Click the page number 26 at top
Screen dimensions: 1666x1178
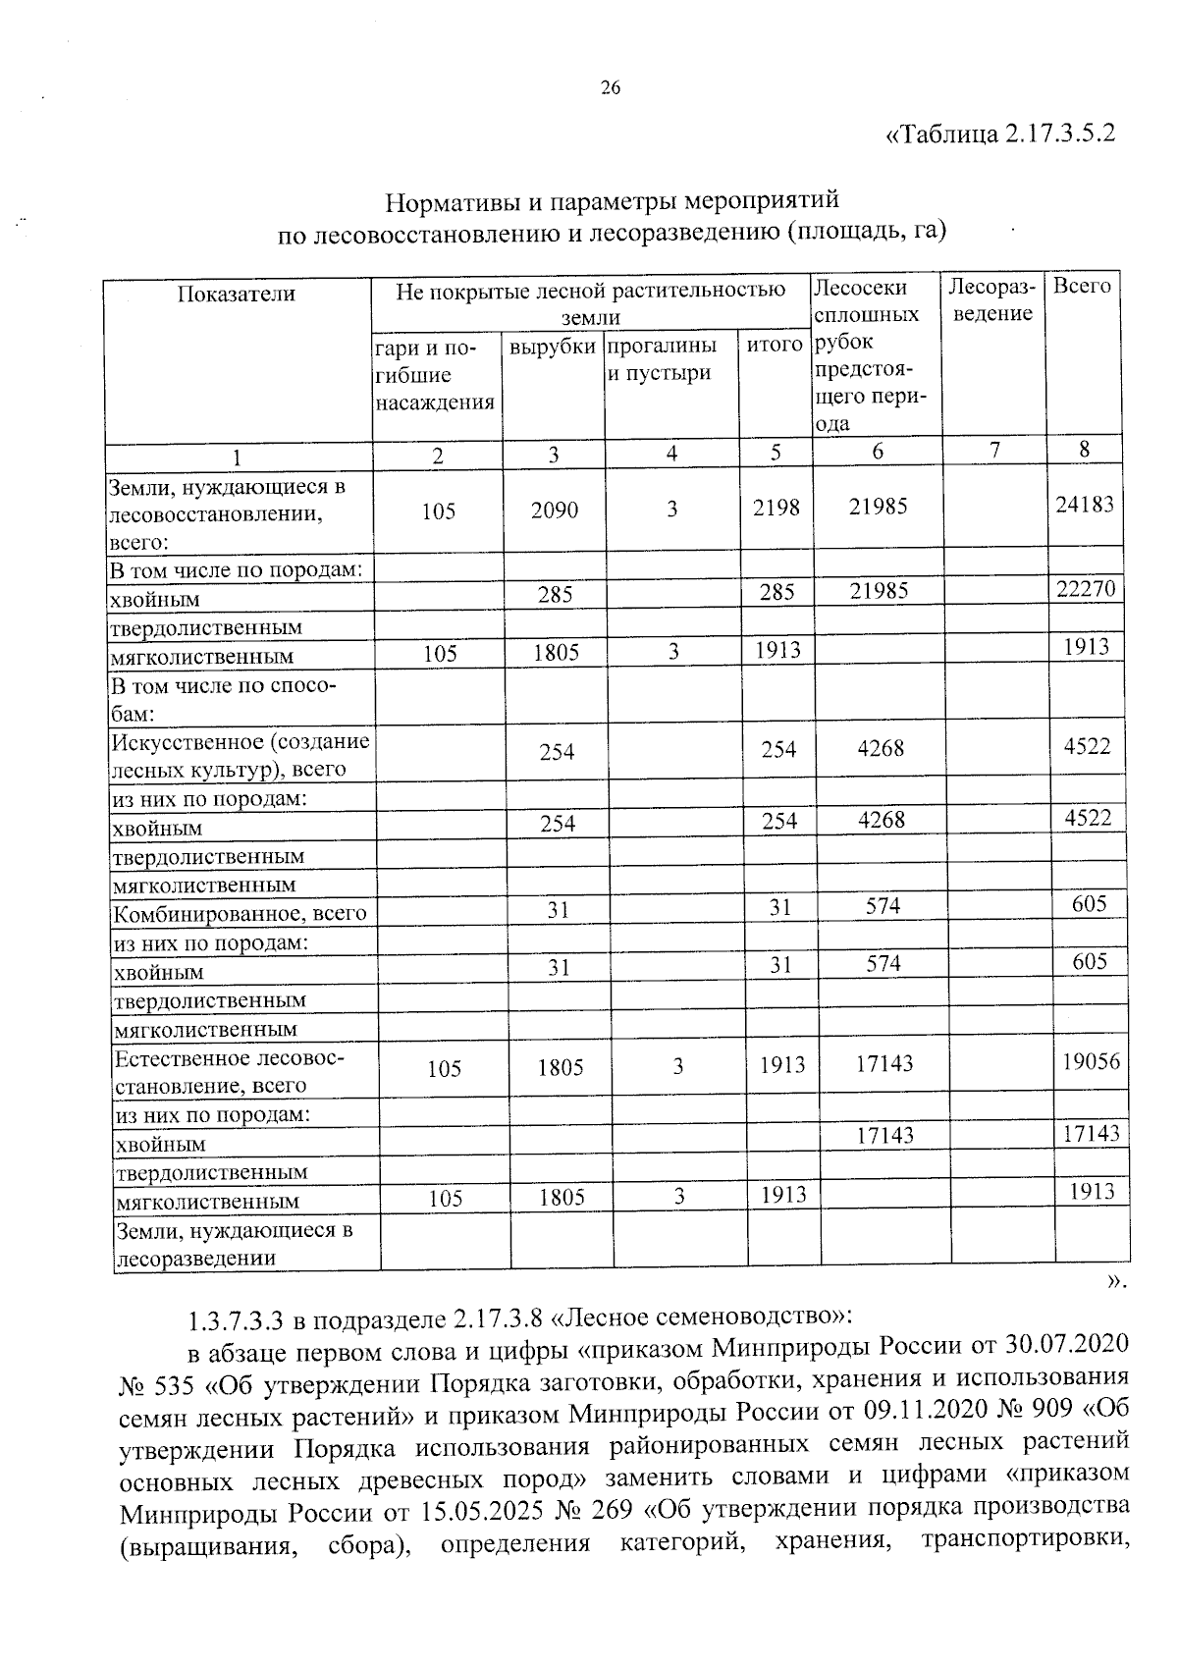pos(610,88)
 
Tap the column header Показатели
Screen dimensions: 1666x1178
pos(236,294)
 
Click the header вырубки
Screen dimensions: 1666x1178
pos(553,347)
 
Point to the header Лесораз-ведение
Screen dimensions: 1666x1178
pos(992,299)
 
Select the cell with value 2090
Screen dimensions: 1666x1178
pos(555,511)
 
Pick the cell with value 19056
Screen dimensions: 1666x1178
pos(1089,1061)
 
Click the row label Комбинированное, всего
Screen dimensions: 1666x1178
pos(241,914)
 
